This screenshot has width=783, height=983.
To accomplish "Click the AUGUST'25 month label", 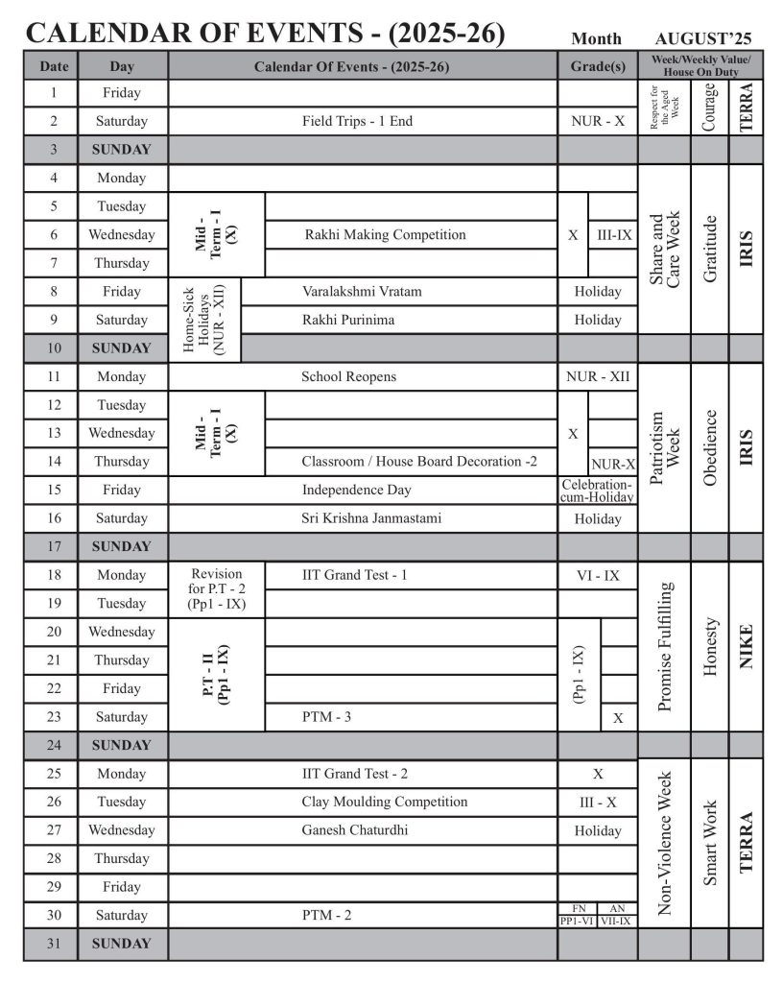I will (x=703, y=39).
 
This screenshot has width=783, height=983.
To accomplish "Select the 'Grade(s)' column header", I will (x=598, y=66).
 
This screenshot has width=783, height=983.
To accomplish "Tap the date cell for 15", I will (x=54, y=490).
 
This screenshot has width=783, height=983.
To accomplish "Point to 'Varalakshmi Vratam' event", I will (x=362, y=291).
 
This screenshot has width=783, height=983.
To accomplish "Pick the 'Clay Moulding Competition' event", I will (x=385, y=802).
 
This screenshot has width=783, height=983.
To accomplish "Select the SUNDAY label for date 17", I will (x=122, y=546).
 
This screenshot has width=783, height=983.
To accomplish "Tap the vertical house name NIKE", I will (x=746, y=645).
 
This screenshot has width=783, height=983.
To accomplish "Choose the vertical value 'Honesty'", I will (x=710, y=645).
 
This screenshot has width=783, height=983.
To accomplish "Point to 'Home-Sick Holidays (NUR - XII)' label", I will (x=203, y=319).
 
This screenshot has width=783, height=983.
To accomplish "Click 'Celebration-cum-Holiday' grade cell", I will (x=598, y=491).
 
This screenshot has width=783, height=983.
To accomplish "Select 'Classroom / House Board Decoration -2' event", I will (x=419, y=461).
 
